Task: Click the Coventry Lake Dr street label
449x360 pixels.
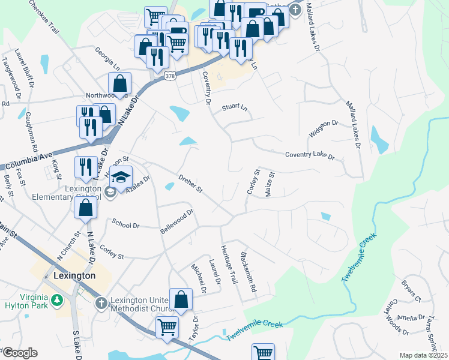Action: click(309, 155)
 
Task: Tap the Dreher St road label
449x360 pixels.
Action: click(191, 184)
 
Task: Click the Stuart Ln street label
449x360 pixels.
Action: click(235, 108)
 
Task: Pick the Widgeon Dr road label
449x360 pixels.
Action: click(324, 129)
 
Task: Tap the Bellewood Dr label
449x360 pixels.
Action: click(176, 221)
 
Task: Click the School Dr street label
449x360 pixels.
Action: click(126, 224)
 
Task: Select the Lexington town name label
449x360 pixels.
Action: click(74, 275)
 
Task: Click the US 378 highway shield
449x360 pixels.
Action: click(170, 74)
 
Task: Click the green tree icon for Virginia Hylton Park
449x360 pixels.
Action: click(57, 299)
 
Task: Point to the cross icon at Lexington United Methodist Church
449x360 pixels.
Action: click(101, 304)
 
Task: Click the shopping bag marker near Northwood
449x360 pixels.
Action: click(120, 84)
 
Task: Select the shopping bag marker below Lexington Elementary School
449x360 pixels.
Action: click(86, 208)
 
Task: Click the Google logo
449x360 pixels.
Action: click(20, 353)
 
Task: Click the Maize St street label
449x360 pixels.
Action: click(271, 184)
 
